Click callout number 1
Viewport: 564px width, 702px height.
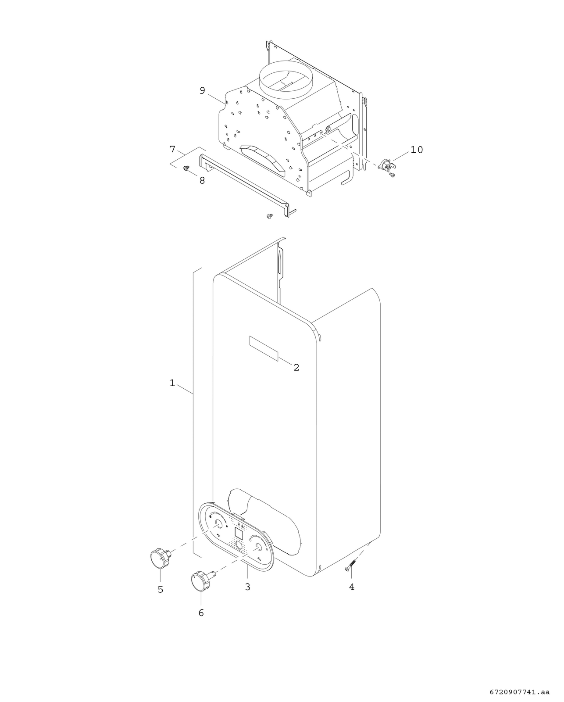[172, 383]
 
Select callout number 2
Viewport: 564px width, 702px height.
[296, 368]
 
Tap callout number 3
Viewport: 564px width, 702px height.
[248, 587]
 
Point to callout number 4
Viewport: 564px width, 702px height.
[352, 587]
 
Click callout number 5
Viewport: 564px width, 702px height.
[161, 589]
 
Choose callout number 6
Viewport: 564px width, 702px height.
[201, 613]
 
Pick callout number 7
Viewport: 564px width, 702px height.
[172, 149]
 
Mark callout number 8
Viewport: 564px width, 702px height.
[202, 180]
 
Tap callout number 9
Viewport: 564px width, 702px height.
[202, 91]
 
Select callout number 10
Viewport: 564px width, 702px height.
[417, 150]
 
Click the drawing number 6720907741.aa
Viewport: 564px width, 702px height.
[519, 689]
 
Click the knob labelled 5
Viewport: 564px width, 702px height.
[160, 558]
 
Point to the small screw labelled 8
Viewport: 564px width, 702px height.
[187, 168]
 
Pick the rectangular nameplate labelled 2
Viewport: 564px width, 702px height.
[264, 348]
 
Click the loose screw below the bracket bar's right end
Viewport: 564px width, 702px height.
[269, 216]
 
